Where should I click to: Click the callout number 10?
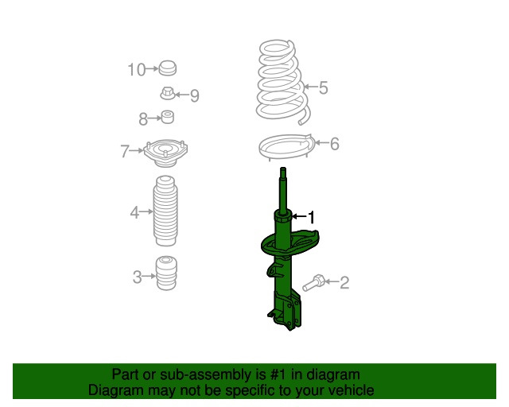[136, 69]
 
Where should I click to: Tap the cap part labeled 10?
[168, 68]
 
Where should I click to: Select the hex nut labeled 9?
[168, 93]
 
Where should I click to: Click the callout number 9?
[194, 95]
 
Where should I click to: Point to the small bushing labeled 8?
[168, 117]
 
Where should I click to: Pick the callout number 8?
[143, 118]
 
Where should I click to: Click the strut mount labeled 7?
[165, 153]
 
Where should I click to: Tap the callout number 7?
[124, 151]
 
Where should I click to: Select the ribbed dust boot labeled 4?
[165, 211]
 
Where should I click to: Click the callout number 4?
[134, 212]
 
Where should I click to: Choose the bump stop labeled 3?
[166, 273]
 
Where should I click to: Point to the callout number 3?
[137, 277]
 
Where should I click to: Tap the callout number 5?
[324, 87]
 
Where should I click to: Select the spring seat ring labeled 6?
[287, 147]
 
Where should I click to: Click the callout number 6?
[335, 144]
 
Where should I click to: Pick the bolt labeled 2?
[313, 282]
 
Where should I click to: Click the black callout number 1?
[311, 217]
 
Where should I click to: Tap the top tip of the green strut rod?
[283, 168]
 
